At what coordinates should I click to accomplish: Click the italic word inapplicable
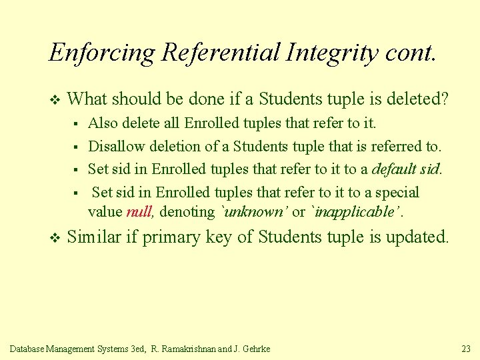coord(357,212)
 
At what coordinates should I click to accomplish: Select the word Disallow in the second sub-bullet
coord(112,146)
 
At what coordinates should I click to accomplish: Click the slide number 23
coord(465,349)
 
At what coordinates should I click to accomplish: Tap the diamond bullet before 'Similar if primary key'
coord(55,238)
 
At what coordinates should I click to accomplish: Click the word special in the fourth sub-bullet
coord(397,193)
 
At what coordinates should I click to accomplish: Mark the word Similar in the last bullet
coord(94,237)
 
